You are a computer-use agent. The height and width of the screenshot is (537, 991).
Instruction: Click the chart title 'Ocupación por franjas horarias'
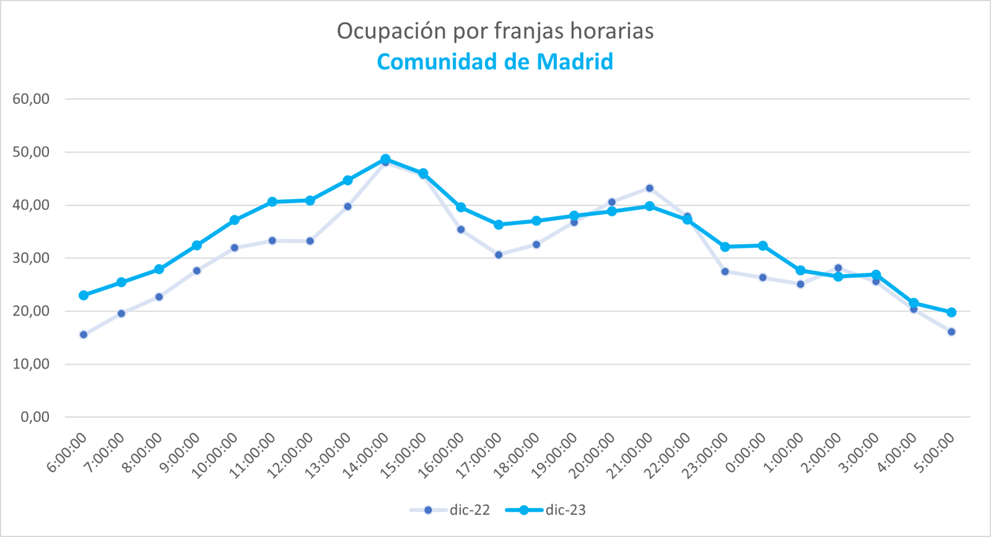[495, 31]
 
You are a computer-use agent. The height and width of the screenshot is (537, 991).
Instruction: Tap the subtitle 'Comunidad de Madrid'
[495, 62]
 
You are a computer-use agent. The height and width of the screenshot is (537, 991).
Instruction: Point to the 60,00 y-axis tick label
[31, 99]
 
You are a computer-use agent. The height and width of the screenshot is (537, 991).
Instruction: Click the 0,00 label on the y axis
[35, 417]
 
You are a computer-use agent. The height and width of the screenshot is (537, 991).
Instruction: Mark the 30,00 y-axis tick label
[31, 258]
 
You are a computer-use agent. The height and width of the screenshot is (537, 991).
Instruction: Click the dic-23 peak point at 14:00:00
[385, 159]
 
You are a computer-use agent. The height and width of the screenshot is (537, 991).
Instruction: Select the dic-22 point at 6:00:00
[84, 335]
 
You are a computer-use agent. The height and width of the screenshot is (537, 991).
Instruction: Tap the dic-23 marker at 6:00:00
[84, 295]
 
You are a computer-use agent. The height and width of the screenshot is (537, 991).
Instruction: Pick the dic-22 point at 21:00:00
[649, 188]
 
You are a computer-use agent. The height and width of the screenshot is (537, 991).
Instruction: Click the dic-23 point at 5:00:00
[951, 312]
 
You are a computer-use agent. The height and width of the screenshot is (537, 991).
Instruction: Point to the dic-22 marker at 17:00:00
[499, 255]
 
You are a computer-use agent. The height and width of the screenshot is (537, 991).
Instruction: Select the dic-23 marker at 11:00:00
[272, 202]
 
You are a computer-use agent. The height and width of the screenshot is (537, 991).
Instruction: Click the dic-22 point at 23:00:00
[725, 271]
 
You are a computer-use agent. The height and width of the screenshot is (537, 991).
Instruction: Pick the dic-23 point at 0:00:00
[762, 246]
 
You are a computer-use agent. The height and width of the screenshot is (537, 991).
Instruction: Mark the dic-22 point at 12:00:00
[310, 241]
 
